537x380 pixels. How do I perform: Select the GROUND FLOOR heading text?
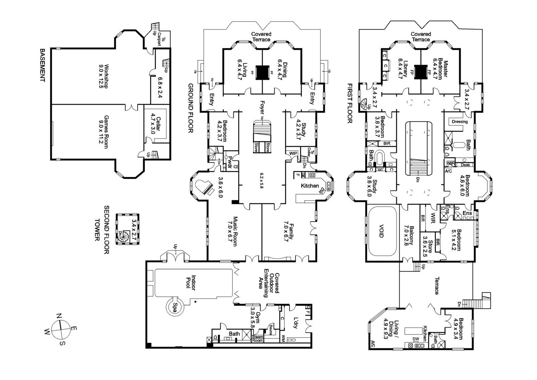(190, 108)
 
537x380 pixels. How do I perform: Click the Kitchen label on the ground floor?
(309, 186)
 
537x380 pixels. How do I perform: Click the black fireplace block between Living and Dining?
(262, 72)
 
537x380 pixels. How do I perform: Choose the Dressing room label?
(459, 122)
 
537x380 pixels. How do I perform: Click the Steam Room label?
(257, 338)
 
